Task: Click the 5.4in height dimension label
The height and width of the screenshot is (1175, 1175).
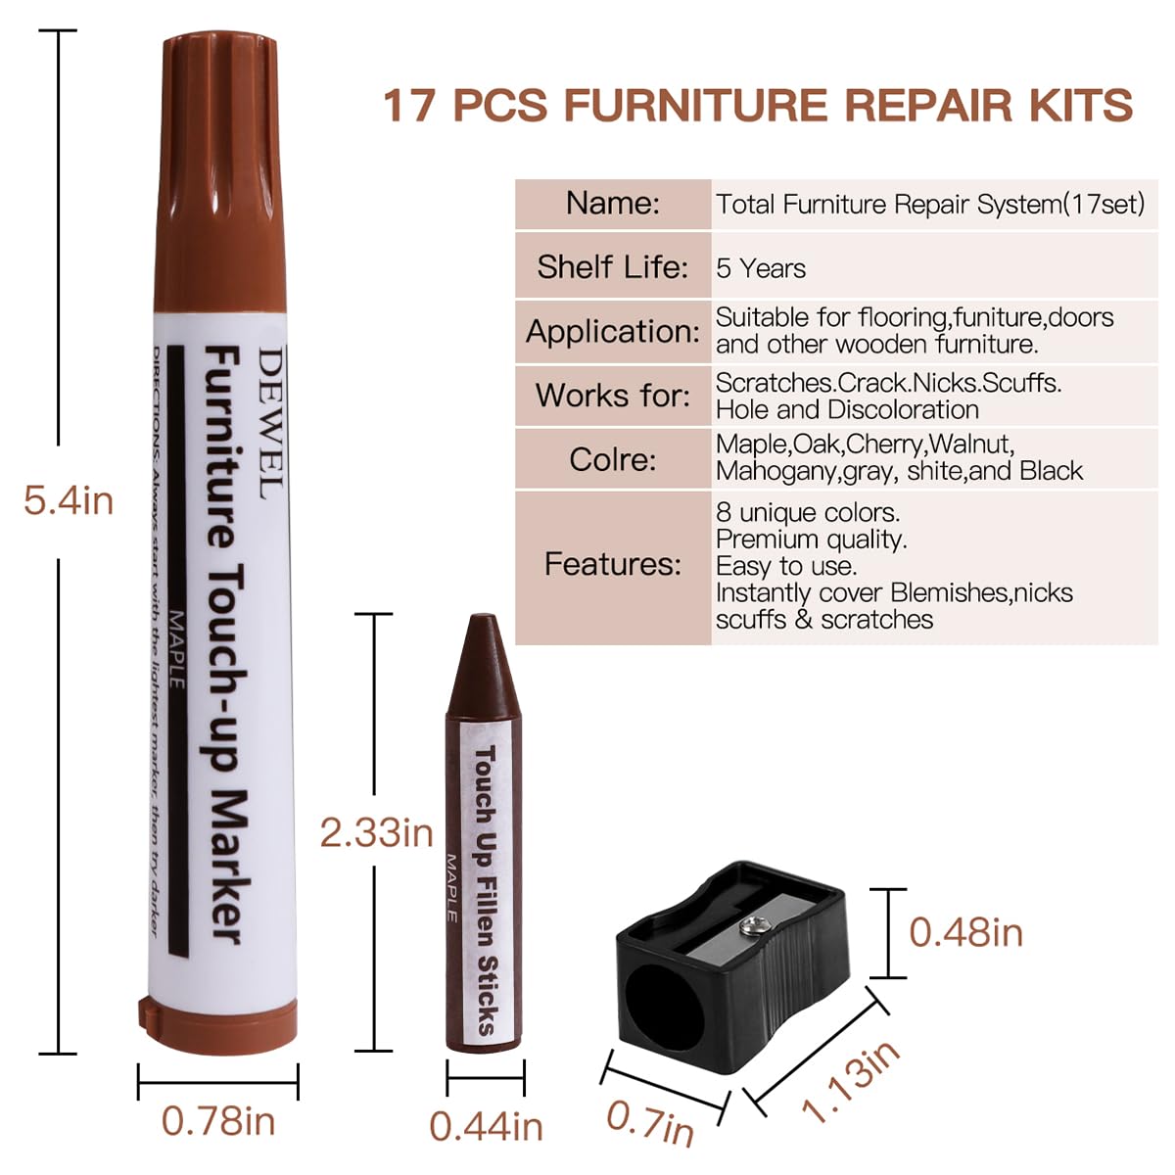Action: (x=69, y=501)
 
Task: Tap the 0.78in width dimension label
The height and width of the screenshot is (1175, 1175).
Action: (x=217, y=1121)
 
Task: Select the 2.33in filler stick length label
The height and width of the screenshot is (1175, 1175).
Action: (x=376, y=833)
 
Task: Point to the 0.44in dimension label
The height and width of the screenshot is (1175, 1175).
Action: (x=486, y=1126)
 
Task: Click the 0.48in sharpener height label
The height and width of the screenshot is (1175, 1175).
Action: (x=965, y=932)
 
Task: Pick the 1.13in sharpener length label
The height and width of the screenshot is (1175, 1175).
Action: (x=850, y=1081)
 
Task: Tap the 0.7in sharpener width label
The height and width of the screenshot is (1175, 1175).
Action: (x=650, y=1122)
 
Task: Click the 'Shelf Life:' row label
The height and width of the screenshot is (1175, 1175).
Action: (x=612, y=266)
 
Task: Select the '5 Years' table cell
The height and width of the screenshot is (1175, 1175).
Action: (x=761, y=268)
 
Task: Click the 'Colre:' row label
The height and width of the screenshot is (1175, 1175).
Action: (x=612, y=459)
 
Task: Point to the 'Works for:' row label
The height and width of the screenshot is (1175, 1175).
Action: (x=612, y=396)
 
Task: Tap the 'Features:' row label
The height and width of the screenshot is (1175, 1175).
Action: (x=612, y=564)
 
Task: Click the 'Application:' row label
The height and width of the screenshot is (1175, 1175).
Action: (x=612, y=331)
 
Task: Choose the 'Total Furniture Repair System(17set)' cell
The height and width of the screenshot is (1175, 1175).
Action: (x=929, y=205)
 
